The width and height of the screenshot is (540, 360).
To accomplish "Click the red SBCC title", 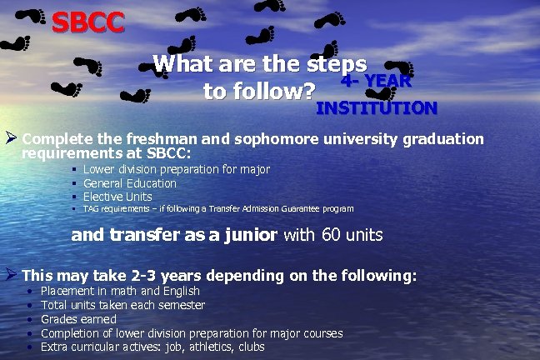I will [x=87, y=22].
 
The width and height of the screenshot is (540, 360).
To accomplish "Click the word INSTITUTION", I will [x=376, y=108].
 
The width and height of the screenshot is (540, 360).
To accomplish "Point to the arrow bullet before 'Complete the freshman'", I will [x=11, y=137].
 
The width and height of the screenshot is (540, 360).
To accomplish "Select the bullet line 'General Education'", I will [x=130, y=183].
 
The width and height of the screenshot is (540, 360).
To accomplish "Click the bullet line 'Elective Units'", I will [x=117, y=196].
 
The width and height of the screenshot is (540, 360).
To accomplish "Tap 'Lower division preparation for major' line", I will [x=177, y=169].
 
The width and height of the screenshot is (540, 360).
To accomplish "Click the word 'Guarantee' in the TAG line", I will [x=277, y=208].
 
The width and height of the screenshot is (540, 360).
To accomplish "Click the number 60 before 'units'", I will [x=331, y=235].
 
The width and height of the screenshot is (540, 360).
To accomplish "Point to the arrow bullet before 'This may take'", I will [x=11, y=273].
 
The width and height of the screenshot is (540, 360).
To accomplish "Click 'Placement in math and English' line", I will [x=120, y=291].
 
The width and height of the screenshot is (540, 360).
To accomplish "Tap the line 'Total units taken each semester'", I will [x=122, y=305].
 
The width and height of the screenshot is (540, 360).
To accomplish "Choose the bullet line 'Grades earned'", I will [x=78, y=319].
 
